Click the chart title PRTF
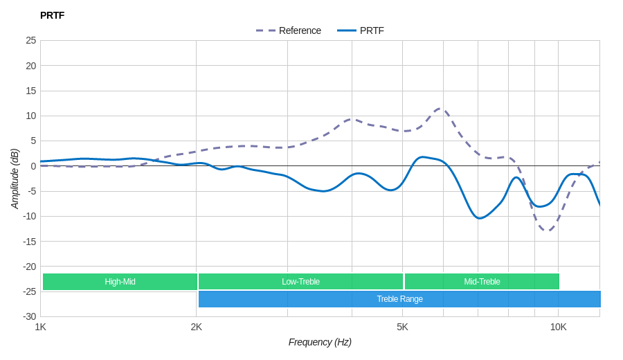pos(52,15)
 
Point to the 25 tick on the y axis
pos(31,40)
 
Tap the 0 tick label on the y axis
pos(33,166)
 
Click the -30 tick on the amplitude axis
pos(30,316)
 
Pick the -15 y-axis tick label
pos(30,241)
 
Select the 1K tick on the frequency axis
pos(41,327)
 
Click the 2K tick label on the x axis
pos(197,327)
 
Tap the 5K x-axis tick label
pos(402,327)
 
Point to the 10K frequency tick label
pos(558,327)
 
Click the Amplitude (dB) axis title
pos(15,179)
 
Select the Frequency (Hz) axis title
pos(320,342)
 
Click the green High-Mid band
pos(120,282)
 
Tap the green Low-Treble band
pos(300,282)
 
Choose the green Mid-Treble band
pos(482,282)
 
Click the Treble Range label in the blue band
pos(399,299)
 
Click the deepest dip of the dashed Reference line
pos(547,231)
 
